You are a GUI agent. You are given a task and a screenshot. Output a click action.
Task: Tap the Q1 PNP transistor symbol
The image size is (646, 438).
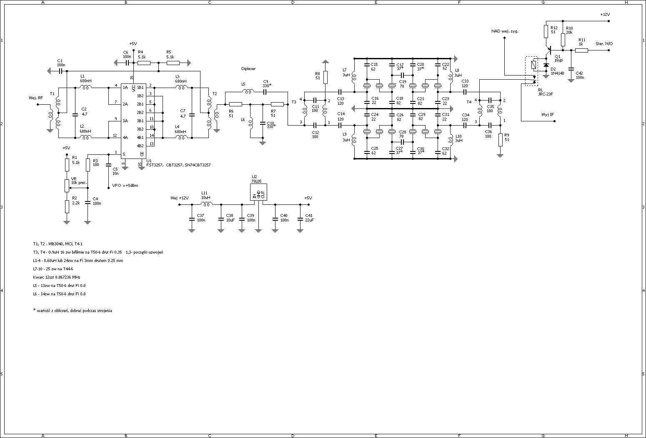click(x=549, y=51)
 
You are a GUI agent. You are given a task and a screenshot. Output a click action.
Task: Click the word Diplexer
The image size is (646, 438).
click(x=248, y=69)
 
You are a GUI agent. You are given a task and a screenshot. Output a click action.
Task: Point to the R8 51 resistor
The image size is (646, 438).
click(x=325, y=77)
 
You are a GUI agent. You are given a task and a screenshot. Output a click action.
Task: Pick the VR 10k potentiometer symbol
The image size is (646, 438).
click(x=67, y=186)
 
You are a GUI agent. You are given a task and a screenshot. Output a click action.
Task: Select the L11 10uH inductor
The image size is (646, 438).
click(x=206, y=204)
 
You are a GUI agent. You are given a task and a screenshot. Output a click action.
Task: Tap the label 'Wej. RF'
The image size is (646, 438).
click(x=36, y=98)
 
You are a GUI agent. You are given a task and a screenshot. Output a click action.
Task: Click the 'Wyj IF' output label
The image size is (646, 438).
click(x=547, y=114)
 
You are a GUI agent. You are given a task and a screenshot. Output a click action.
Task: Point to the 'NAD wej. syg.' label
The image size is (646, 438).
click(x=505, y=31)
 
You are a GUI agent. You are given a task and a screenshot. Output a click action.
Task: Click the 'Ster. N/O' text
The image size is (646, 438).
click(x=604, y=44)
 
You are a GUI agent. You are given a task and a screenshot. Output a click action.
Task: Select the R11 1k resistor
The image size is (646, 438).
click(x=581, y=50)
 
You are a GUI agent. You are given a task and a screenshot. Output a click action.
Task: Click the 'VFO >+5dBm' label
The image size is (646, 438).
click(x=125, y=186)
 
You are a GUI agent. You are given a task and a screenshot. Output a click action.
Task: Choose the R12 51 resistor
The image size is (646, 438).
click(x=546, y=31)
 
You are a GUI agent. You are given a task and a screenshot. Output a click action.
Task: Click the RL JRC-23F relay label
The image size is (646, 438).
click(x=544, y=92)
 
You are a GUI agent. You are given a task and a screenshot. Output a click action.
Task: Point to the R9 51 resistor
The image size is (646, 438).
click(x=500, y=140)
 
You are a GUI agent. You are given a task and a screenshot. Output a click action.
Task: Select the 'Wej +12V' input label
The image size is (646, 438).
click(x=179, y=198)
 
